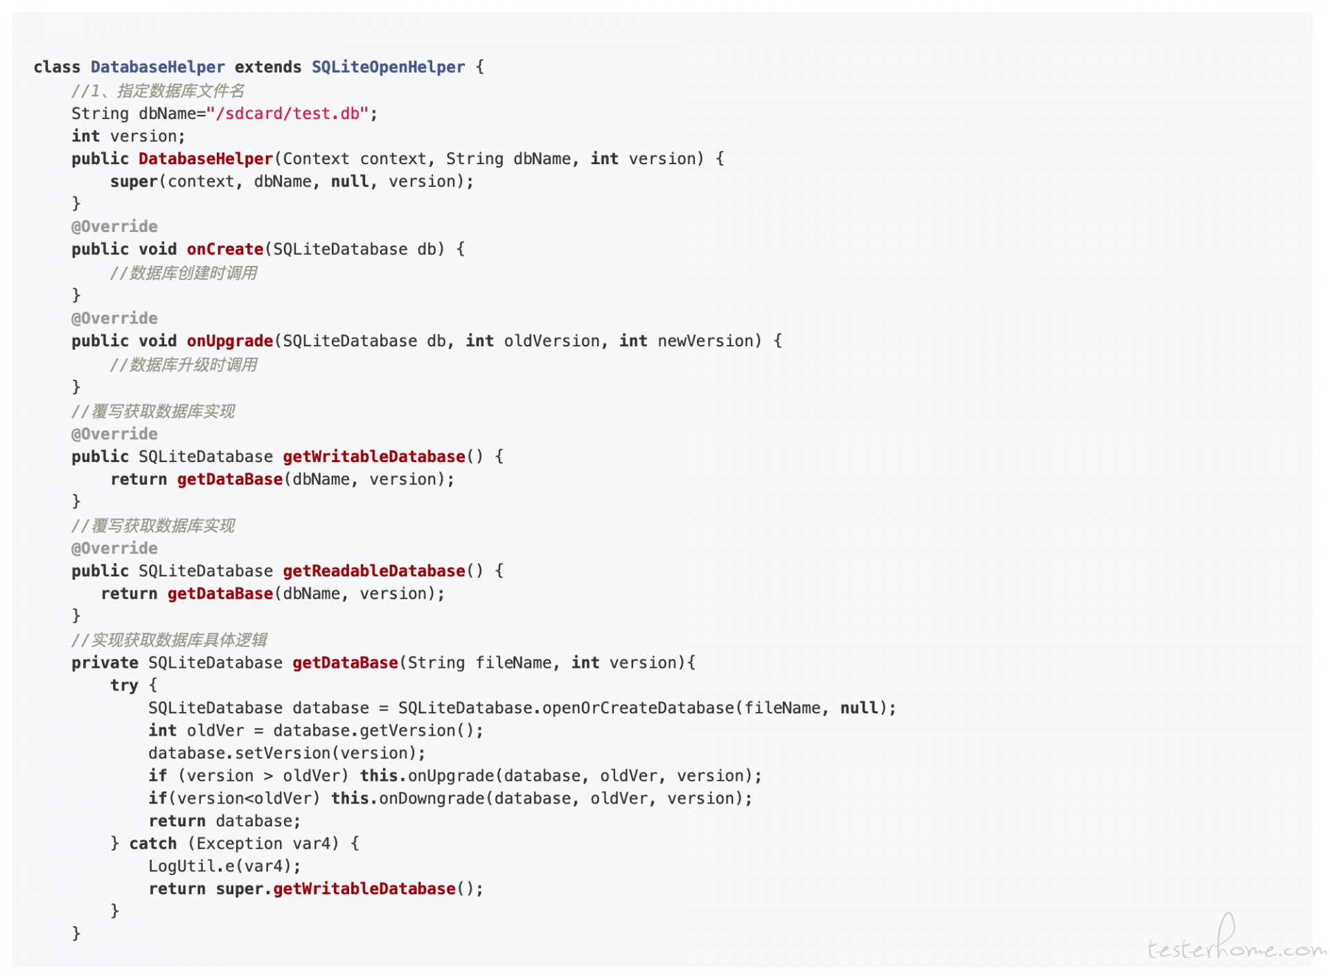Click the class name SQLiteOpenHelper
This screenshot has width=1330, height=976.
(x=388, y=67)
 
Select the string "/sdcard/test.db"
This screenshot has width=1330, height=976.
(x=287, y=113)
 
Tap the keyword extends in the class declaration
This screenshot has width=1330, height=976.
(x=268, y=67)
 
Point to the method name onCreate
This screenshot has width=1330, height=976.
(x=225, y=249)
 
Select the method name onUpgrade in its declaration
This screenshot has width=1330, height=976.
(x=230, y=341)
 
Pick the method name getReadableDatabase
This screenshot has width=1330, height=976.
(x=374, y=571)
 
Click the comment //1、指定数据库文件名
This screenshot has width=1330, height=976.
(x=158, y=91)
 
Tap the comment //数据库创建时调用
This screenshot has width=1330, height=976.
(x=184, y=273)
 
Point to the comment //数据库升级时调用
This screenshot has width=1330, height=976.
(x=184, y=365)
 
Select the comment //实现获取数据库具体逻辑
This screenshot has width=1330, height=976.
(x=170, y=640)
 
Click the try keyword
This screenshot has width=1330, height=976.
(x=125, y=686)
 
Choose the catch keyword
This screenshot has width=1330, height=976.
(x=153, y=844)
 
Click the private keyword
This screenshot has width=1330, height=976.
(x=105, y=663)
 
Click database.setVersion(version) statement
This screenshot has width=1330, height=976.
(x=287, y=754)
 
